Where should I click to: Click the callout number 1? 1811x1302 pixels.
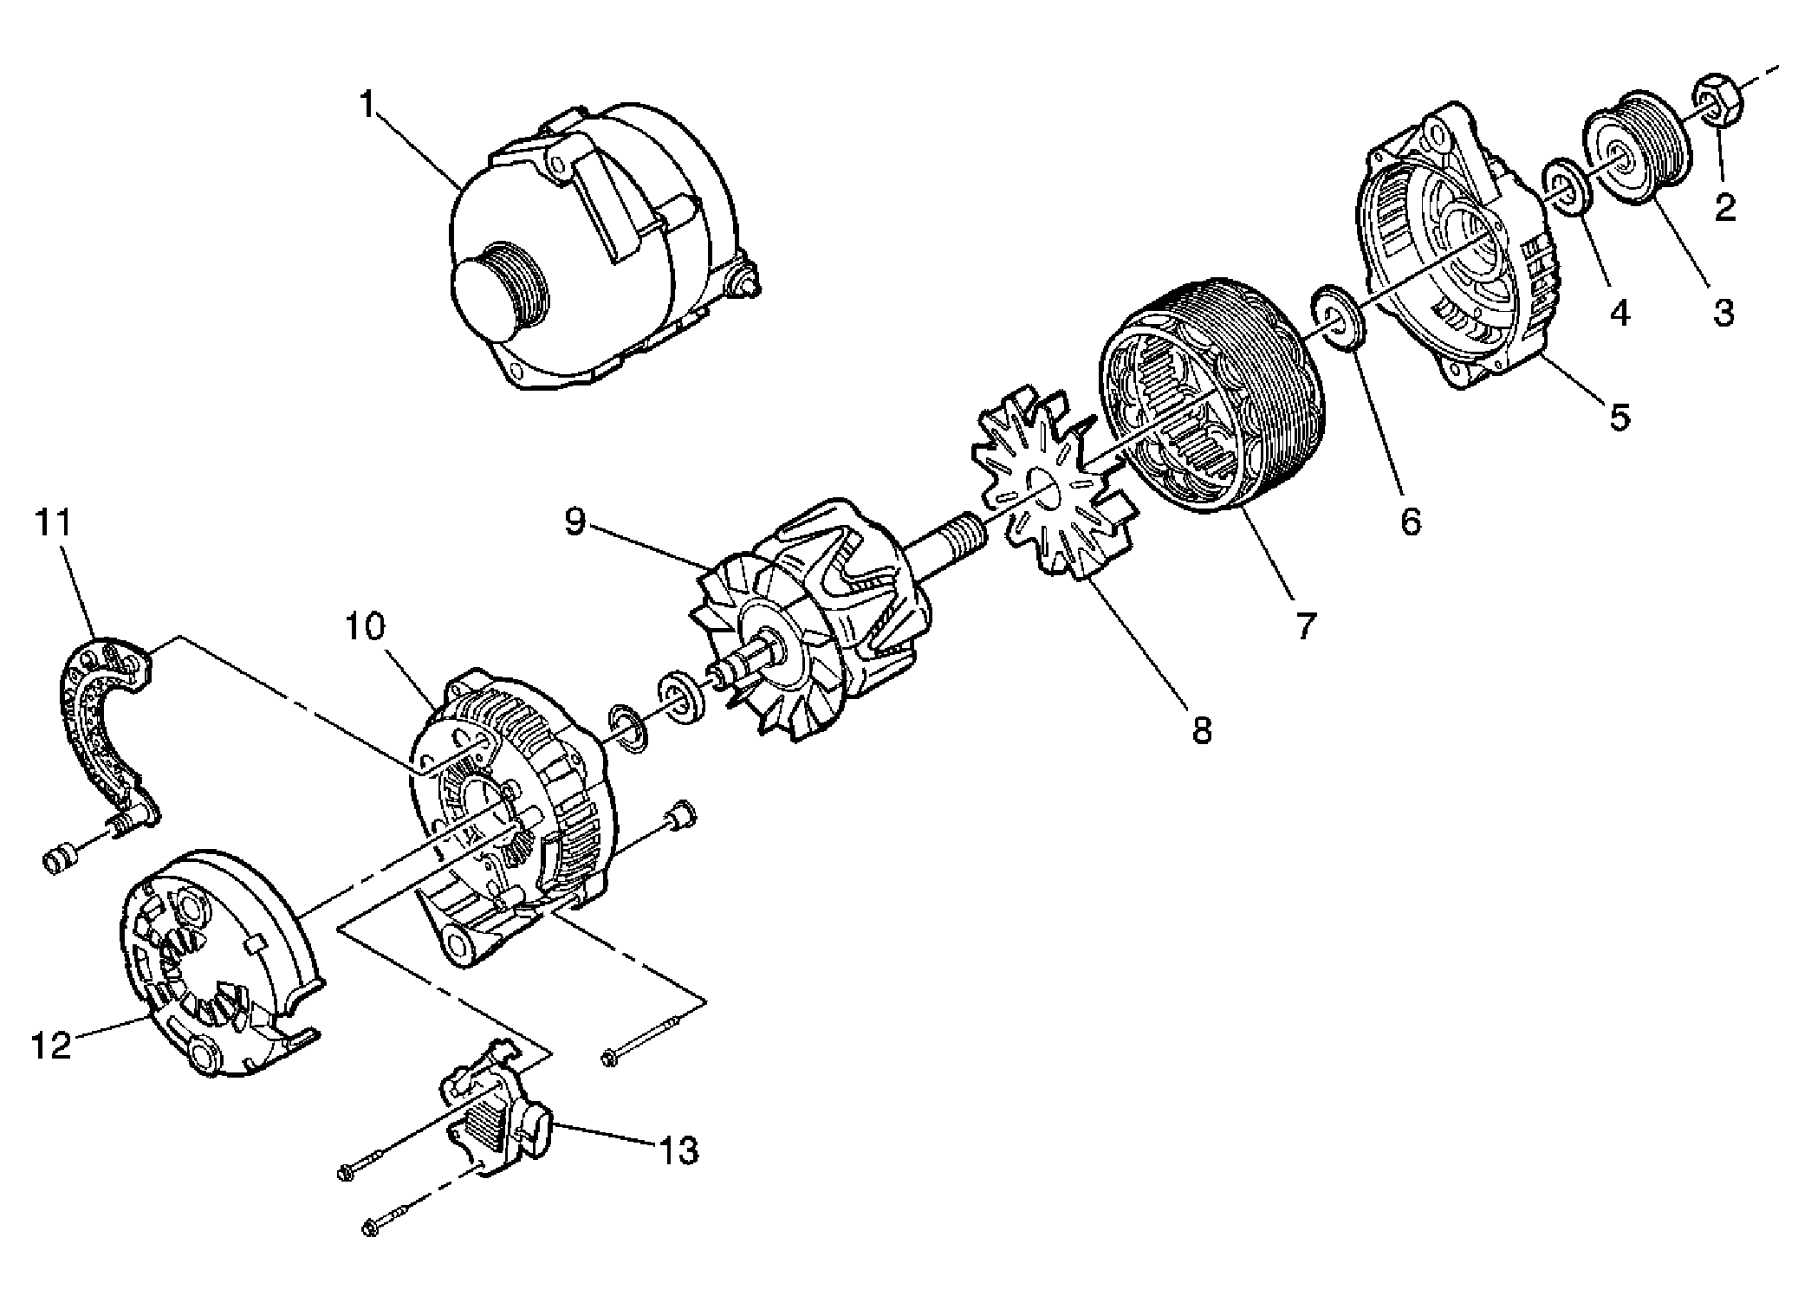[368, 106]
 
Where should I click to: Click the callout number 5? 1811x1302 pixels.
[1620, 416]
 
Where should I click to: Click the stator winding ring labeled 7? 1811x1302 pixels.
[1213, 398]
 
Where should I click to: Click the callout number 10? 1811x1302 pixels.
[366, 625]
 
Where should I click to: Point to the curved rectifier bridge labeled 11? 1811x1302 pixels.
[104, 728]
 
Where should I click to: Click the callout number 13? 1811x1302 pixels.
[678, 1150]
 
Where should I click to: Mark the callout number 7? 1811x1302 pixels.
[1306, 625]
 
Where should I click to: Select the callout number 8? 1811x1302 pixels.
[1202, 730]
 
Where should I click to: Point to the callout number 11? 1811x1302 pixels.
[54, 523]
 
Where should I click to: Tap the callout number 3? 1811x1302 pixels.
[1723, 312]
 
